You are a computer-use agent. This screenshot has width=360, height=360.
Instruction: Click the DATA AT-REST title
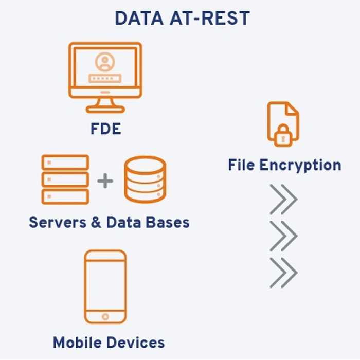coord(182,18)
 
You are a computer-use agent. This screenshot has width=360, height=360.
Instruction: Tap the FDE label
coord(105,128)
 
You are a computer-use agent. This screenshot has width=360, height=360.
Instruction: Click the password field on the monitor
coord(105,78)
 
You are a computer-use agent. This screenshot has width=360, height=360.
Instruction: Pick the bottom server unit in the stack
coord(65,196)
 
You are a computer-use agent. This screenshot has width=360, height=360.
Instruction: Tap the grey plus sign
coord(105,181)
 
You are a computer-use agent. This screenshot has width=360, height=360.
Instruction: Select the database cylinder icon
coord(145,180)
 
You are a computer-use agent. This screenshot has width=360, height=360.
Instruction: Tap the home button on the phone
coord(105,316)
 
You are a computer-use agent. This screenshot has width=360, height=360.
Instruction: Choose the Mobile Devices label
coord(109,342)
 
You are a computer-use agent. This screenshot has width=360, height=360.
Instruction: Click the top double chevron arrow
coord(283,199)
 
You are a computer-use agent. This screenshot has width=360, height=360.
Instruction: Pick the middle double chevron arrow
coord(283,235)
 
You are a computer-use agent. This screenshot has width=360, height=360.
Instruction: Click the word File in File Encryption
coord(242,165)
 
